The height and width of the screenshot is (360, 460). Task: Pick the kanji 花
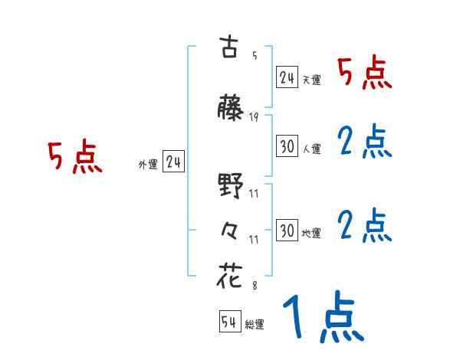click(229, 277)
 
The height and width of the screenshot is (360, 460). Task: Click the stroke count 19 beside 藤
click(254, 118)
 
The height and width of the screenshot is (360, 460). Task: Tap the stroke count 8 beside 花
click(254, 286)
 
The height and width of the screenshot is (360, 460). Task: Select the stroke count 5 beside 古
click(254, 55)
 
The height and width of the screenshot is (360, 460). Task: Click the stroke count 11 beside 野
click(254, 195)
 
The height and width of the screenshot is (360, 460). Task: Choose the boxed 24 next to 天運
click(287, 77)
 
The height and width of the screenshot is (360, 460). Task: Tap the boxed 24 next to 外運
click(174, 162)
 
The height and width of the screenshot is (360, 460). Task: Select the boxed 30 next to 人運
click(287, 146)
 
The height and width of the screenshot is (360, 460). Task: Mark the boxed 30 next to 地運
click(287, 231)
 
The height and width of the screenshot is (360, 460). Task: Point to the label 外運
click(147, 164)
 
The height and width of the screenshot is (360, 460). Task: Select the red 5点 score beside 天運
click(365, 73)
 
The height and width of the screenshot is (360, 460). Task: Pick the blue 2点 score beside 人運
click(365, 142)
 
